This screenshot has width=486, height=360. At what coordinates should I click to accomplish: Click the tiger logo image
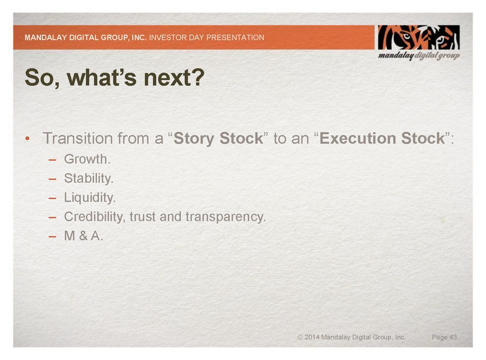tap(418, 38)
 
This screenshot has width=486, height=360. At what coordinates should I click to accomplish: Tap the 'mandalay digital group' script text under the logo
tap(419, 56)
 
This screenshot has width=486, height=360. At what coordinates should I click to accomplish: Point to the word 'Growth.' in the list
tap(87, 159)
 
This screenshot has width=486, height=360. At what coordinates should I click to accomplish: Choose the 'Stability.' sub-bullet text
tap(89, 178)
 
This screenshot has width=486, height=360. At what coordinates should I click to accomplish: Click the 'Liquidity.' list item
tap(90, 197)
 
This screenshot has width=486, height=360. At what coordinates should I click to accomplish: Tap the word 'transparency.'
tap(226, 217)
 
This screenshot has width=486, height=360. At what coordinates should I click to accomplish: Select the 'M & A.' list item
tap(83, 236)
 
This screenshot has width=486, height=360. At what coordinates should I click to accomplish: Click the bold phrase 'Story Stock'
tap(218, 138)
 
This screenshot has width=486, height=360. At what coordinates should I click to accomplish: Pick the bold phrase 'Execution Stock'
tap(382, 138)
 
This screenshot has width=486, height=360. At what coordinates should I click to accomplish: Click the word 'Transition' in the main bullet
tap(78, 138)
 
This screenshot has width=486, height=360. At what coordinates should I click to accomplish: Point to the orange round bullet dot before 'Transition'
tap(28, 139)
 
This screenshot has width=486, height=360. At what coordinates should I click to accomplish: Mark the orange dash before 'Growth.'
tap(52, 160)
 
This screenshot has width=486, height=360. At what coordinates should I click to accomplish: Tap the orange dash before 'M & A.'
tap(52, 237)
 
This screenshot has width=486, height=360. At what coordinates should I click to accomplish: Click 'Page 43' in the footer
tap(444, 337)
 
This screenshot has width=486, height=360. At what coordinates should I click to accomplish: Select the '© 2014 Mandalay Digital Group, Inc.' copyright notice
tap(352, 337)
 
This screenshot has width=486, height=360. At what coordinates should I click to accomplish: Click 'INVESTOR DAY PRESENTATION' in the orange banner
tap(207, 38)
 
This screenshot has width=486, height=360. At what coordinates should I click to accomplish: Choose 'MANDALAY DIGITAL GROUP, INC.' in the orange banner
tap(86, 38)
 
